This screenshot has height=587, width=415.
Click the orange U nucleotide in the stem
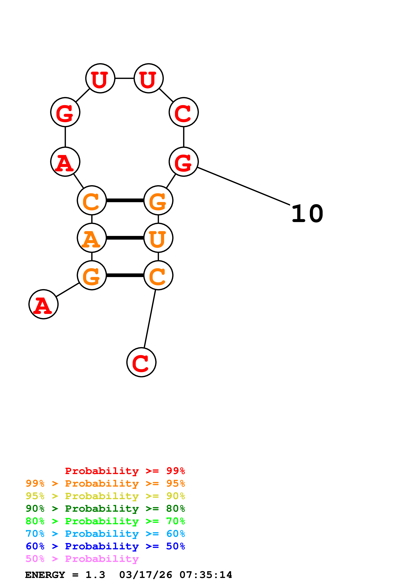[x=158, y=238]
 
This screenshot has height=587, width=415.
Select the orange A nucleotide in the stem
[x=92, y=238]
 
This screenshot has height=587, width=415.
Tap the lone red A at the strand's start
[x=44, y=304]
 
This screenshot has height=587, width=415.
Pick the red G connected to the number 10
[x=184, y=162]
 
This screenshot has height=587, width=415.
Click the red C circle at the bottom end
[x=141, y=362]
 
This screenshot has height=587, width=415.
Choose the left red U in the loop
[x=100, y=78]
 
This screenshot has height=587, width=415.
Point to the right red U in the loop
[x=148, y=78]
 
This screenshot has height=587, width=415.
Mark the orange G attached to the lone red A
[x=92, y=275]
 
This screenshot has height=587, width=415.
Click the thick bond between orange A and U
[x=125, y=238]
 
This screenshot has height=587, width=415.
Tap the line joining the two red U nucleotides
[x=125, y=78]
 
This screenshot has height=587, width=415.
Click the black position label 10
[x=307, y=214]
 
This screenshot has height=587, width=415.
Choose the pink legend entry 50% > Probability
[x=82, y=559]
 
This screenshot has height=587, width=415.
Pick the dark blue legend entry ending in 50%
[x=105, y=546]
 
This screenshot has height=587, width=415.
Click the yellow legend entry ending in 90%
[x=105, y=496]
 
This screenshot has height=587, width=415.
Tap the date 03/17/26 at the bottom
[x=146, y=575]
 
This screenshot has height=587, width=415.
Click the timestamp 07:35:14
[x=206, y=575]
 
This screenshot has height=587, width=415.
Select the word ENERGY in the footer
[x=45, y=575]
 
